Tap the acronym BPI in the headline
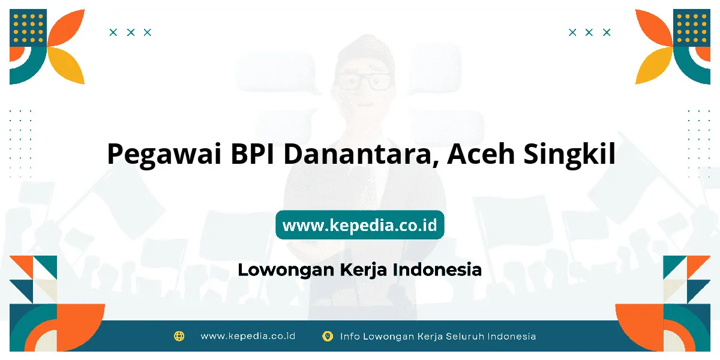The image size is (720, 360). click(253, 154)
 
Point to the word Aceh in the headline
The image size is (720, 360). click(481, 154)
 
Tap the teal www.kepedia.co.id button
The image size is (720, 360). click(359, 224)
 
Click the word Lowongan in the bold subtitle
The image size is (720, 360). click(286, 270)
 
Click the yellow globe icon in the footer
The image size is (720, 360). click(179, 336)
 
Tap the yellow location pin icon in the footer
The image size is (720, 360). click(328, 336)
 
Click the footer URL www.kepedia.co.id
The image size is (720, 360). click(248, 336)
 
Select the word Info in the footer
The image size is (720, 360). click(350, 336)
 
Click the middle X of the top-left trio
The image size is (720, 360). click(131, 32)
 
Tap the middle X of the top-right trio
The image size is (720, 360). click(589, 32)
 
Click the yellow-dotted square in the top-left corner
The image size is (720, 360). click(28, 28)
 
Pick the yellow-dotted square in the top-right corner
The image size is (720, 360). click(692, 28)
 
